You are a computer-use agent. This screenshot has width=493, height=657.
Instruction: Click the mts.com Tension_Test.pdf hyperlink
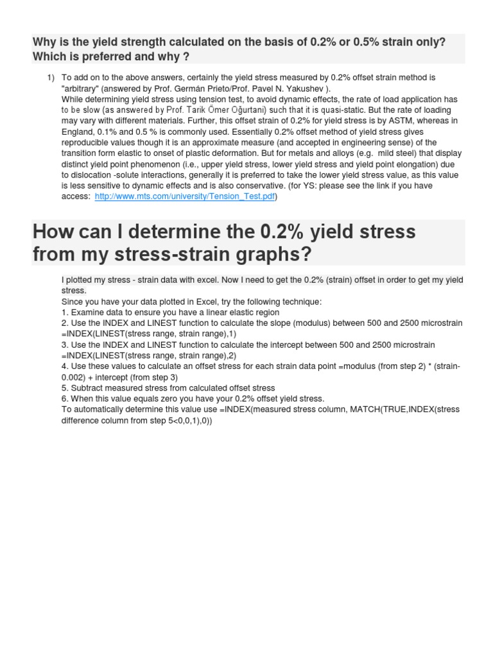tap(185, 196)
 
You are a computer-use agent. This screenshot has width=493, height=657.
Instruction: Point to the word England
tap(78, 132)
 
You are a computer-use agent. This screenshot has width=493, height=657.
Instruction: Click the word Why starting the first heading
tap(44, 42)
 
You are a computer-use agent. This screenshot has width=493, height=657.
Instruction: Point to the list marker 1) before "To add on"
tap(51, 78)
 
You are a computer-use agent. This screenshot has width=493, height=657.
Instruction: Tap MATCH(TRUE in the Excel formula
tap(380, 409)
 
